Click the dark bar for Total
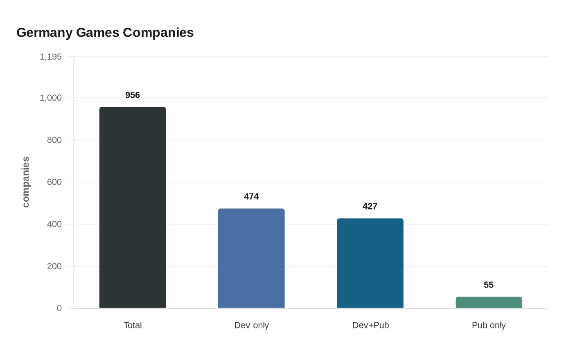[133, 207]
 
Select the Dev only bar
[251, 258]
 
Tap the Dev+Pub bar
[370, 263]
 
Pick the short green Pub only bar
[489, 302]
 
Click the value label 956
[133, 95]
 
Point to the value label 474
[251, 197]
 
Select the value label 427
[370, 207]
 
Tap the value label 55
[489, 285]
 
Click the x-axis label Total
[133, 325]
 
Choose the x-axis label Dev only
[251, 325]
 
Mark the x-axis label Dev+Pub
[370, 325]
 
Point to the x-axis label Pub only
[489, 325]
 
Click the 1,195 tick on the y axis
[51, 57]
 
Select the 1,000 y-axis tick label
[51, 98]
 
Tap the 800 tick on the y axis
[54, 140]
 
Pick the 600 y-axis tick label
[54, 182]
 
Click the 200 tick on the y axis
[54, 266]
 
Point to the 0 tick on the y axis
[59, 308]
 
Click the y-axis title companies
[26, 182]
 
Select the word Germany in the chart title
[45, 33]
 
